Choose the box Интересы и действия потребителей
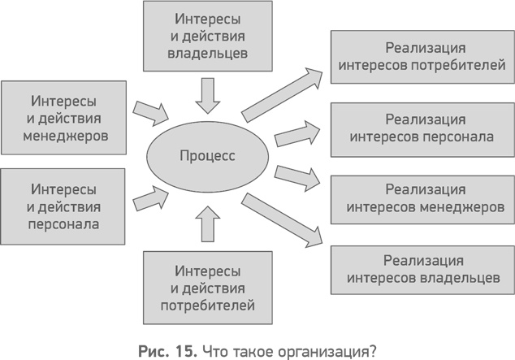click(206, 288)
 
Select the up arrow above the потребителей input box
click(208, 223)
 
